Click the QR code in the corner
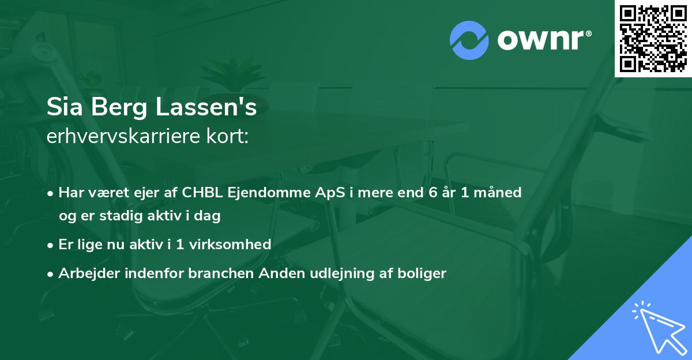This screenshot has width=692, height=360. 653,39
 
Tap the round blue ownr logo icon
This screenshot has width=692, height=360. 469,40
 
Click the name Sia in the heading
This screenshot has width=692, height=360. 64,108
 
